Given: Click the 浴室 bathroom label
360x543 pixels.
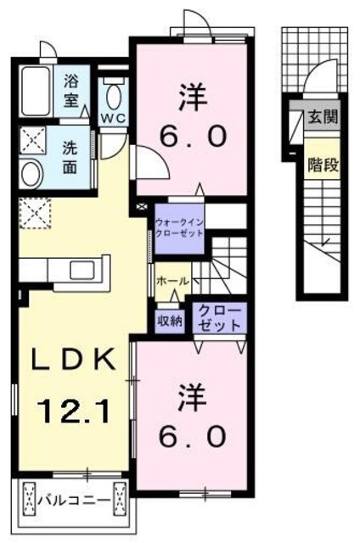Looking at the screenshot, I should (71, 90).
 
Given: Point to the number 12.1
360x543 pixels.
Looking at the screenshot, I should (70, 414).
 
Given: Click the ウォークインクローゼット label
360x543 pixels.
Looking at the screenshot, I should (178, 229).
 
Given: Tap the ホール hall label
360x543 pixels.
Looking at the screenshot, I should (172, 281).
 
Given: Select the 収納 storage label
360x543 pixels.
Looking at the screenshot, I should (169, 320).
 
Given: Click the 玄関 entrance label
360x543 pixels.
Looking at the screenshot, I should (323, 116).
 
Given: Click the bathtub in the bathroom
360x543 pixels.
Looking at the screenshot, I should (39, 90).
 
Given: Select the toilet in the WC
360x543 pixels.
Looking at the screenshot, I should (114, 92).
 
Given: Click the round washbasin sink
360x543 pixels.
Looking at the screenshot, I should (32, 174).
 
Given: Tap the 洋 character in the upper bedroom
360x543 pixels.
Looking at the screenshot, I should (190, 95).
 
